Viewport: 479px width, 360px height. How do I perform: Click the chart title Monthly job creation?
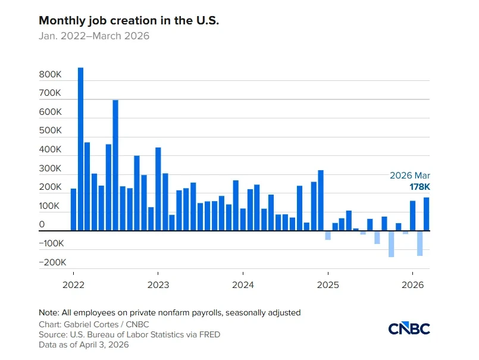pos(129,20)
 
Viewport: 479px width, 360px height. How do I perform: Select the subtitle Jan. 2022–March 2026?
pos(94,36)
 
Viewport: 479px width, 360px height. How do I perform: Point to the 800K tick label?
pos(51,75)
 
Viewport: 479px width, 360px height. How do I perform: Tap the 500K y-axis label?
pos(51,132)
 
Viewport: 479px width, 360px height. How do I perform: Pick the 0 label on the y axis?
pos(42,225)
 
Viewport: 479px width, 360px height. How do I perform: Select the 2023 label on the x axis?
pos(158,284)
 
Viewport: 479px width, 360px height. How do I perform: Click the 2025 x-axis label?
pos(328,284)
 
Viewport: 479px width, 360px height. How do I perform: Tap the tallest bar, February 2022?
pos(80,149)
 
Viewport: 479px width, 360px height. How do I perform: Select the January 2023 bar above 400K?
pos(158,189)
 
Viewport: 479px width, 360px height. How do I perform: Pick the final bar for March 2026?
pos(427,214)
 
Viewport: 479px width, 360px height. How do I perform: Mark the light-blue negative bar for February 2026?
pos(419,243)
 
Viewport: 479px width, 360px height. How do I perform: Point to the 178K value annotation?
pos(419,187)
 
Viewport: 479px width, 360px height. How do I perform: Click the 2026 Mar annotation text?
pos(410,176)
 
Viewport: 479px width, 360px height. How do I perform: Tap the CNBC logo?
pos(409,328)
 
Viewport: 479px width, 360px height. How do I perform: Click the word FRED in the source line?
pos(209,334)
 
